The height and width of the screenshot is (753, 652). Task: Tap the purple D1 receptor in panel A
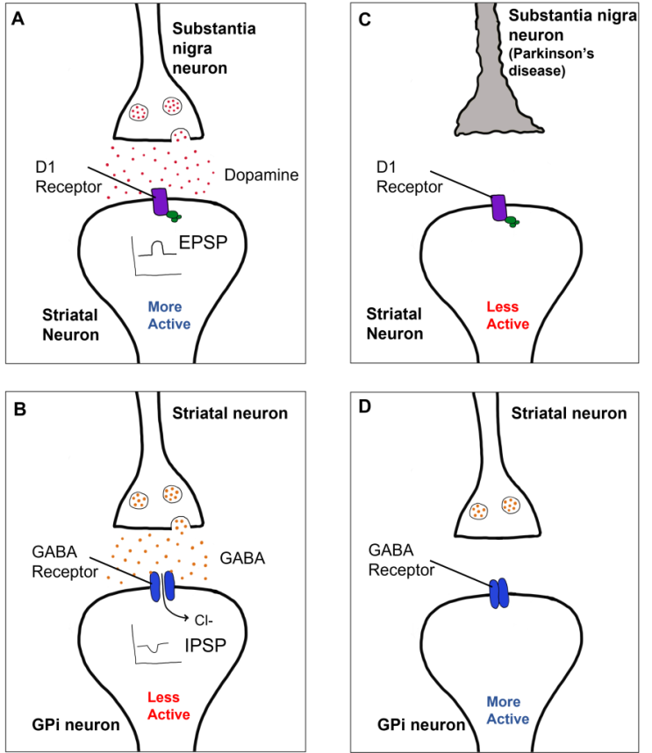point(161,202)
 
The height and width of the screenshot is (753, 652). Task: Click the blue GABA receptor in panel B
point(162,585)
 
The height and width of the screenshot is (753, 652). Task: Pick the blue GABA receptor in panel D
point(498,592)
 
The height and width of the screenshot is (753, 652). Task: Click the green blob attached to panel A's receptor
point(174,215)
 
